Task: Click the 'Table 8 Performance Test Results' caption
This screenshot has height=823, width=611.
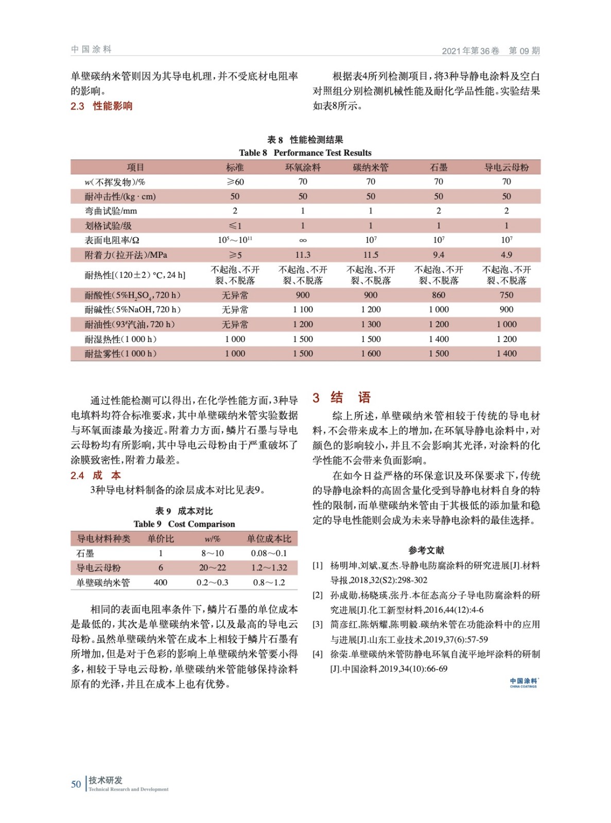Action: pos(305,153)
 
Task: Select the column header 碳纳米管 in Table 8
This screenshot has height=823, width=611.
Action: pos(371,168)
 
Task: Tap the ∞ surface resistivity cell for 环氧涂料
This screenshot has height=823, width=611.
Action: pos(303,240)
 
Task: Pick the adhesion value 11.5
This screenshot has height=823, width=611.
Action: pos(371,255)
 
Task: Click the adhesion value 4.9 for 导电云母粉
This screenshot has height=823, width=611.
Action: pos(506,255)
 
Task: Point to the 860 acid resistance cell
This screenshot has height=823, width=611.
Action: pos(439,295)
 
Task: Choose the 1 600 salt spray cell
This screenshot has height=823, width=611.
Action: pos(371,354)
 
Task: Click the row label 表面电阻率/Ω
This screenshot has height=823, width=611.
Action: pos(112,240)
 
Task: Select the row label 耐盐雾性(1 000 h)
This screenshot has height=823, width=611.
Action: pos(120,354)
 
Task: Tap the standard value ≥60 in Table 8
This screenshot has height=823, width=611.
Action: pos(235,182)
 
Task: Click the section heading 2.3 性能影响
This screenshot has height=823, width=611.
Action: pos(101,106)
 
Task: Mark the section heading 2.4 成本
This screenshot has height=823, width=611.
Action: pos(96,476)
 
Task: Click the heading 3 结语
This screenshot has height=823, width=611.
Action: pos(341,398)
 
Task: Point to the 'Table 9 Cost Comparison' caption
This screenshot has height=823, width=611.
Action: pos(184,524)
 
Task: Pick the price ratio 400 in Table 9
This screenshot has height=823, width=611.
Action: pos(161,583)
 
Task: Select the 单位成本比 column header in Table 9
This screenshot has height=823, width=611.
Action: pos(269,539)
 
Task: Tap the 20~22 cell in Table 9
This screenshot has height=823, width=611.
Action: pos(212,568)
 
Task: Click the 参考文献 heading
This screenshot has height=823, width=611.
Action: pos(426,550)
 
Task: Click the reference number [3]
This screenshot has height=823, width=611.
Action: pos(318,625)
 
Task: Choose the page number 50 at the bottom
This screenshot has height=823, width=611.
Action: pos(76,784)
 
